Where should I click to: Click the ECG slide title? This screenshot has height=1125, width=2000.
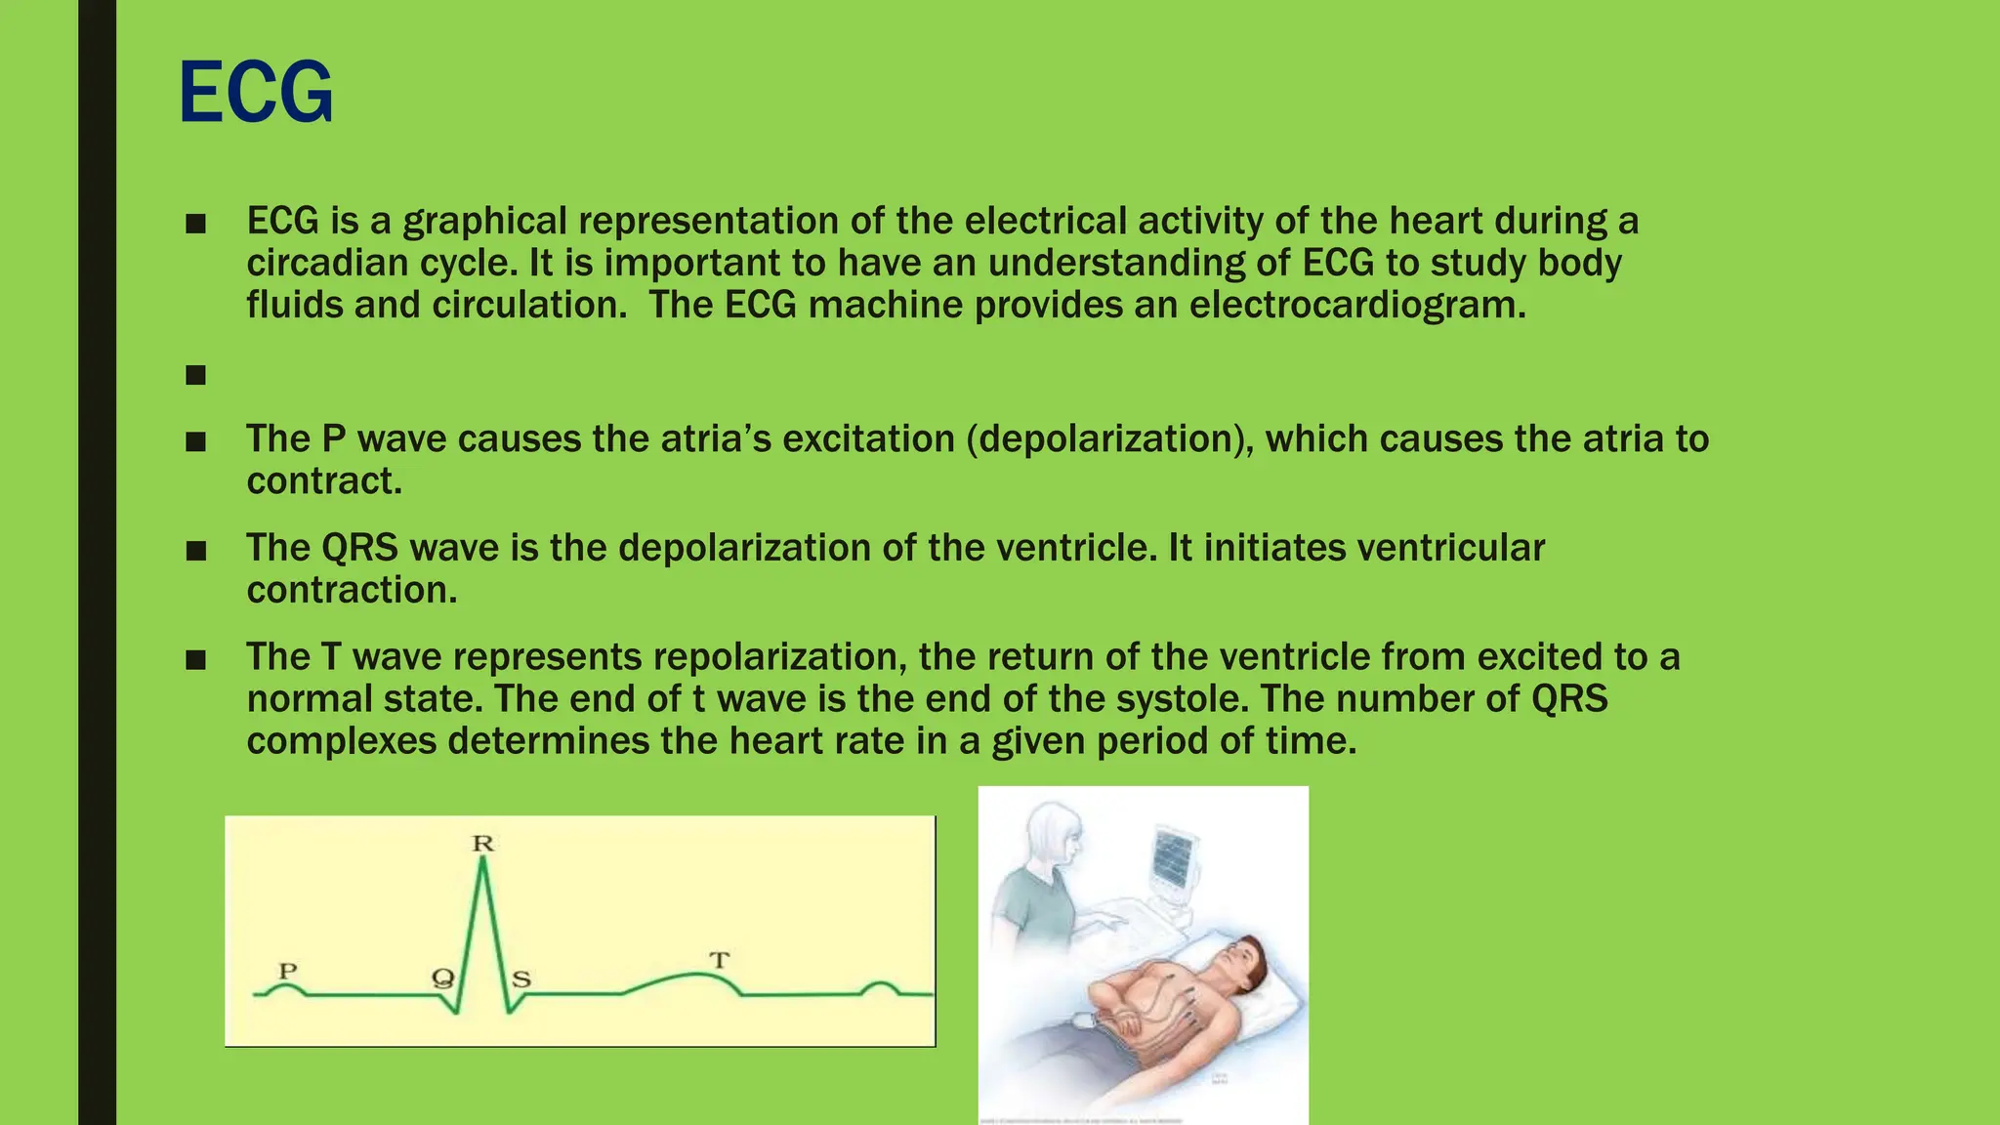click(x=256, y=93)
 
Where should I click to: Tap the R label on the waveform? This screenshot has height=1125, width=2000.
click(x=483, y=844)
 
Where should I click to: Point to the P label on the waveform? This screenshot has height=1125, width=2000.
click(x=287, y=971)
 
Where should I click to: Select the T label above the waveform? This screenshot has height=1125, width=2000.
click(x=719, y=960)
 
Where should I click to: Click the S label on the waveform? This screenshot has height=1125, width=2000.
click(x=521, y=979)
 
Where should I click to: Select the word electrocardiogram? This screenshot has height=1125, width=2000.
click(x=1356, y=305)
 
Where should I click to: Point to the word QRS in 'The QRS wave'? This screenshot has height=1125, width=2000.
click(x=359, y=548)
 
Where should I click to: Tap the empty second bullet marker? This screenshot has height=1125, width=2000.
click(x=195, y=375)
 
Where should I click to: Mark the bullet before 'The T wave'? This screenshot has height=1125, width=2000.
click(x=195, y=660)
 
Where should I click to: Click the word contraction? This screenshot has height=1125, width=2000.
click(x=352, y=590)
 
